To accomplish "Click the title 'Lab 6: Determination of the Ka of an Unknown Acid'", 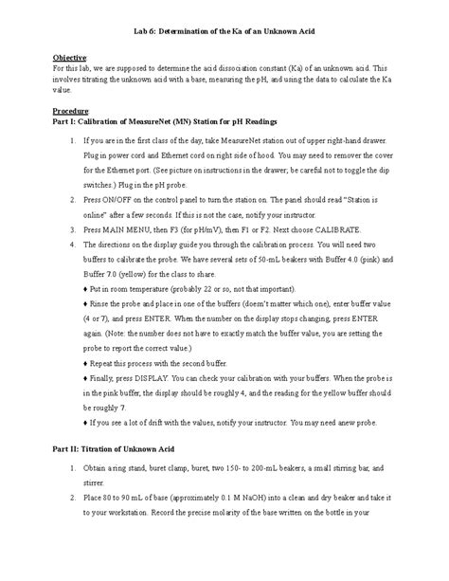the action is click(224, 33).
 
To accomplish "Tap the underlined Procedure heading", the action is click(72, 110).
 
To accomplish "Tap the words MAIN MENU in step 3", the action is click(135, 256).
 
